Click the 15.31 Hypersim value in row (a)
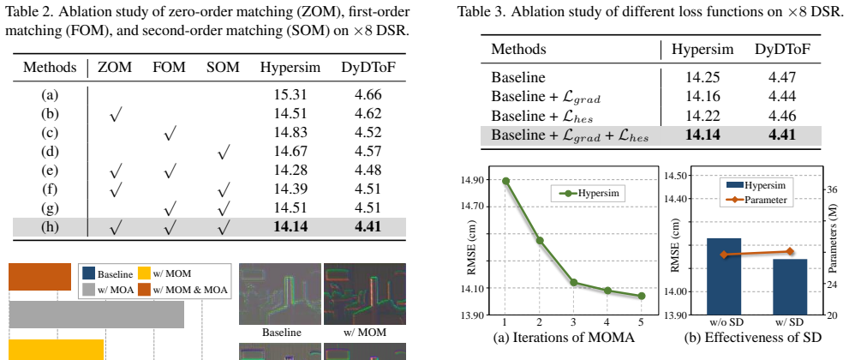(290, 95)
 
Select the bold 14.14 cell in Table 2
(290, 226)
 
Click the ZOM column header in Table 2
(114, 67)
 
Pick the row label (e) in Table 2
(50, 171)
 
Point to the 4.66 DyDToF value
(368, 95)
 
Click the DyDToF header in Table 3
(781, 49)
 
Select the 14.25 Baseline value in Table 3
(703, 77)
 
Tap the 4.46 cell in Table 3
(782, 116)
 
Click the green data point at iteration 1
(505, 181)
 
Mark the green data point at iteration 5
(641, 296)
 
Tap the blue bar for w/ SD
(789, 287)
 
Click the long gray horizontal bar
(96, 314)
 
